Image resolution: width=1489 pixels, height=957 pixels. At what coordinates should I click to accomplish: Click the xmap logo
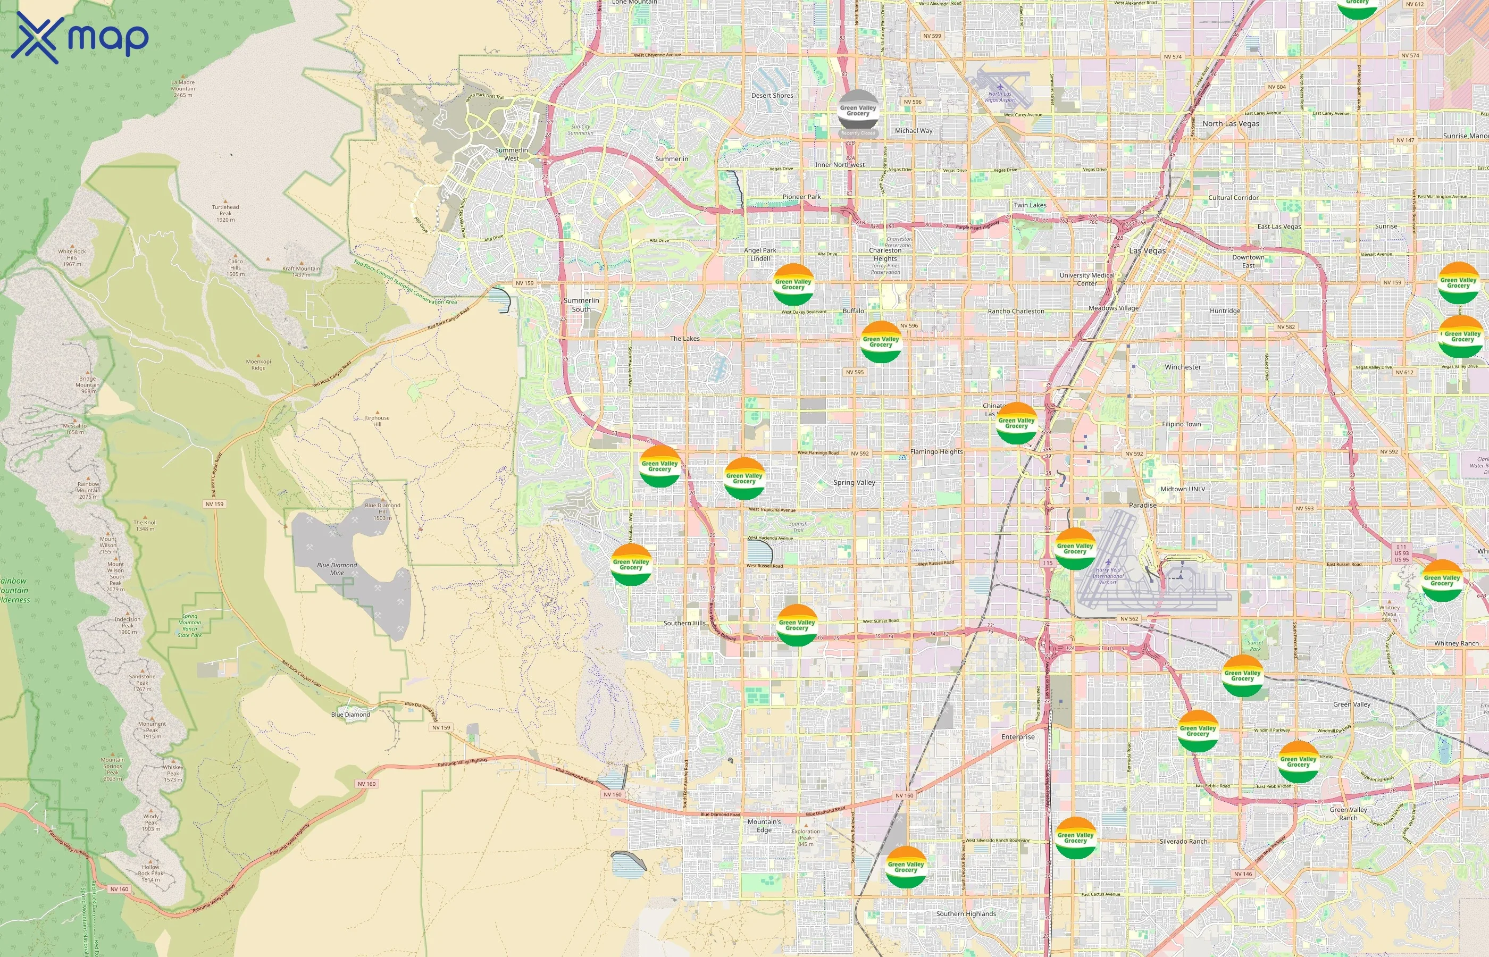click(x=80, y=38)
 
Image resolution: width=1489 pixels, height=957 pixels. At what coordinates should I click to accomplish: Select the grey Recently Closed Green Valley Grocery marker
click(x=858, y=112)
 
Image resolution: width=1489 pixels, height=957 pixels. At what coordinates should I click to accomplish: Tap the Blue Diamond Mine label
click(x=337, y=568)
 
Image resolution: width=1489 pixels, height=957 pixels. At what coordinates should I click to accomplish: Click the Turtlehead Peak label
click(x=225, y=213)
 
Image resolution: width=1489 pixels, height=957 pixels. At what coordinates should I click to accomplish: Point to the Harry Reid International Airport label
click(x=1108, y=575)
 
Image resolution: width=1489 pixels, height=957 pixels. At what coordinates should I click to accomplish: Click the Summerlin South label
click(x=581, y=305)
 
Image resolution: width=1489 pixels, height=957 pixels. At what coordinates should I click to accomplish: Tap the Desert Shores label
click(x=772, y=96)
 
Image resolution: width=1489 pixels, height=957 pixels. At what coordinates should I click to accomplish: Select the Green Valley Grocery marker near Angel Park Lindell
click(x=793, y=284)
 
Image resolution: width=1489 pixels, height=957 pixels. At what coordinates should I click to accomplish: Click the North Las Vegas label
click(x=1231, y=124)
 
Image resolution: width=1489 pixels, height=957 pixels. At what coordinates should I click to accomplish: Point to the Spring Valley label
click(x=854, y=482)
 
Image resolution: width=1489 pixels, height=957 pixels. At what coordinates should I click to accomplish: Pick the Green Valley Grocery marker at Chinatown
click(x=1016, y=423)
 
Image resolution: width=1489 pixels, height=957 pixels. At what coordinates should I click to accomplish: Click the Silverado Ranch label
click(x=1183, y=842)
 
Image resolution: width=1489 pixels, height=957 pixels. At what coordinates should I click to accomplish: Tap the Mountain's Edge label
click(x=764, y=825)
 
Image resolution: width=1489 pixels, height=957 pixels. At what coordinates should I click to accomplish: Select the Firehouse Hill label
click(x=377, y=421)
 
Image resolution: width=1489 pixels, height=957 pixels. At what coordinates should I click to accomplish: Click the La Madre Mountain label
click(x=183, y=88)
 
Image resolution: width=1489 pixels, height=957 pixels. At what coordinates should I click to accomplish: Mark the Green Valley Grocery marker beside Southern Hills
click(x=797, y=625)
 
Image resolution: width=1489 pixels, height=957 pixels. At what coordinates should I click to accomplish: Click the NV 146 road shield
click(x=1243, y=874)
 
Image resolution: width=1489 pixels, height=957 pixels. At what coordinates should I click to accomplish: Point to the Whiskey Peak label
click(x=173, y=773)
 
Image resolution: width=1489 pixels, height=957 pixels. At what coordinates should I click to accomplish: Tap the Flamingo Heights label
click(x=936, y=452)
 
